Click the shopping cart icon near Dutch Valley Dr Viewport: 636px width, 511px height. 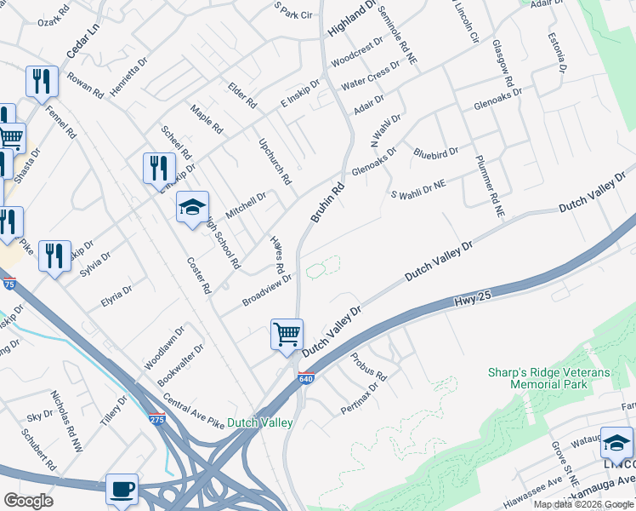tap(287, 333)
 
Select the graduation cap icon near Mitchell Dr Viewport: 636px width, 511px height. tap(192, 207)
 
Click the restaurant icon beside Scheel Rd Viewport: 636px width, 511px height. tap(159, 168)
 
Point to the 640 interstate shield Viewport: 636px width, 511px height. tap(305, 377)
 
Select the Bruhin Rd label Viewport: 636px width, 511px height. tap(327, 203)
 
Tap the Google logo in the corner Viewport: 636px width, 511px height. tap(29, 500)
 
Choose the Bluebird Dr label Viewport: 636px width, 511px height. tap(435, 152)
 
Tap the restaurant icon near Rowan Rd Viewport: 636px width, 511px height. tap(41, 81)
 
